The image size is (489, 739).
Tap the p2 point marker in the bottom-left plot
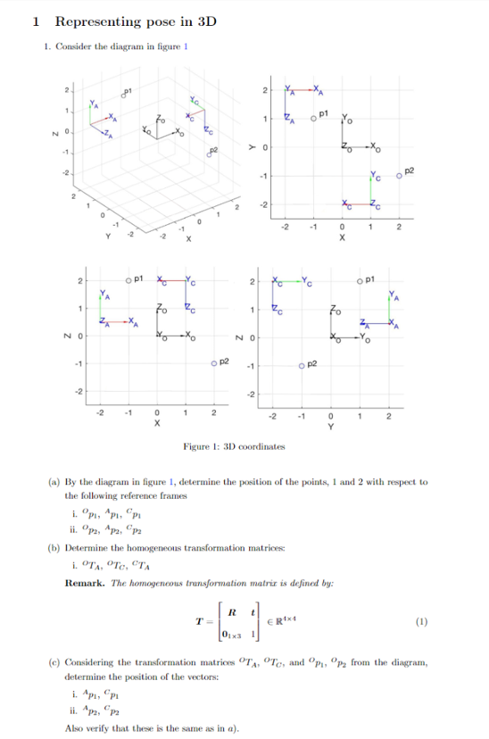tap(214, 362)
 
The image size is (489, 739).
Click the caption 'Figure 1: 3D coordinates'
tap(235, 445)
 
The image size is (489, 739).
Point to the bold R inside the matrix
tap(232, 611)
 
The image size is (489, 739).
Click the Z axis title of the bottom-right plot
tap(253, 337)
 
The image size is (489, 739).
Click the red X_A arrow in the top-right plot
tap(302, 88)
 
